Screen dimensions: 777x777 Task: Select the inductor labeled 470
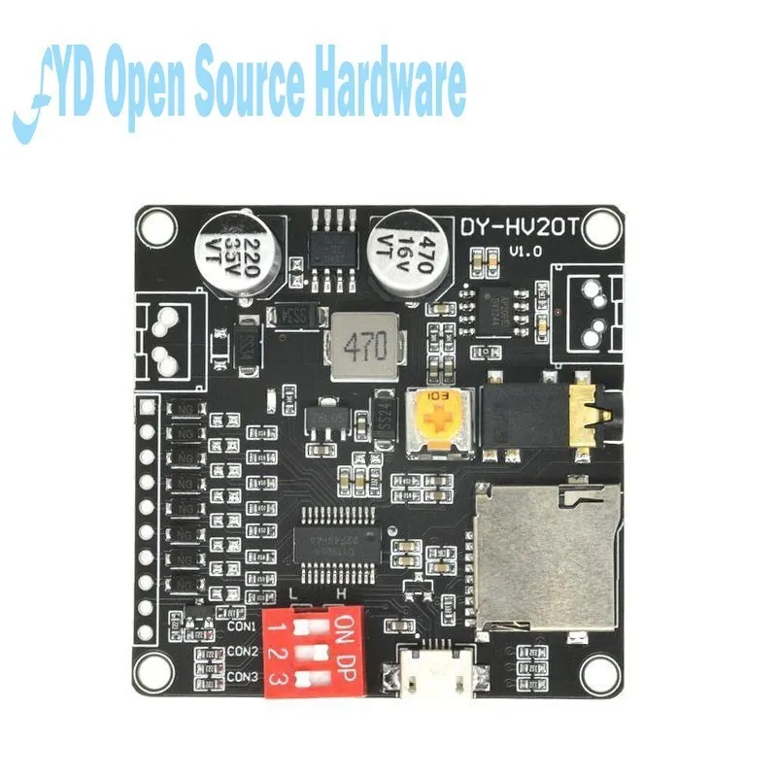[360, 345]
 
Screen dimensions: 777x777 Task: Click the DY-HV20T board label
[528, 227]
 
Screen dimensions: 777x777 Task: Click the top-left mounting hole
[152, 229]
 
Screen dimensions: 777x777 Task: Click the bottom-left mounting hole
[152, 672]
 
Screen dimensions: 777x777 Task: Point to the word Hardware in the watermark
[388, 85]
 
